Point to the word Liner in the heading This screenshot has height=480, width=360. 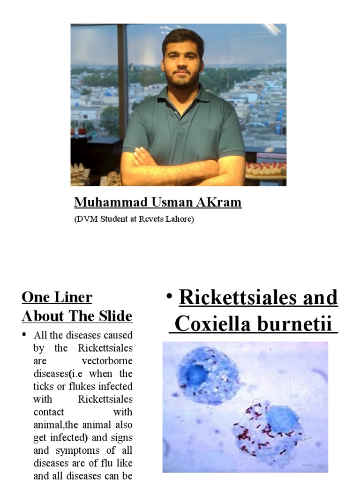tap(73, 297)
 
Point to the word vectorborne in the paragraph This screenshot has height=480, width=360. tap(108, 361)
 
